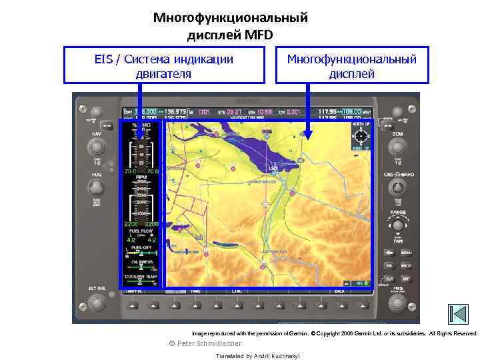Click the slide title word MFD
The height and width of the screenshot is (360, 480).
(x=258, y=35)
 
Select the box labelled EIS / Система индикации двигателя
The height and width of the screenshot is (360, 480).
(x=164, y=65)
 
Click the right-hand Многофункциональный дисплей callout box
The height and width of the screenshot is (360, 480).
(x=351, y=65)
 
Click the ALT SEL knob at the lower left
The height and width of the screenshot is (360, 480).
(x=96, y=302)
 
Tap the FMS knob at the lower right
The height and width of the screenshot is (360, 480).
(x=398, y=301)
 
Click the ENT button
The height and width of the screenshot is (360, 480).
(x=405, y=278)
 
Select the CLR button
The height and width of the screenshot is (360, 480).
(x=389, y=278)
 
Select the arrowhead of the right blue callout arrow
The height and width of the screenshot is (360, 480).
(x=307, y=137)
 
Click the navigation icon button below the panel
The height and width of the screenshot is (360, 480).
(x=458, y=314)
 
